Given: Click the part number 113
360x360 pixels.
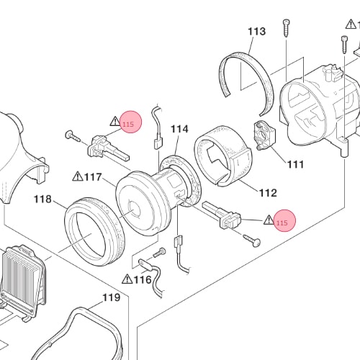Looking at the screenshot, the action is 256,32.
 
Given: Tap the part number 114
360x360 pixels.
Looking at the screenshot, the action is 179,129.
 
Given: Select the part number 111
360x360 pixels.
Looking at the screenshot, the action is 296,164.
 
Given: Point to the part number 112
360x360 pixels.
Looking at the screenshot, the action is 268,193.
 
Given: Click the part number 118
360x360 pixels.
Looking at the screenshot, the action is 42,199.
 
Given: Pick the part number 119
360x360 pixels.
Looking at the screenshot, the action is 112,297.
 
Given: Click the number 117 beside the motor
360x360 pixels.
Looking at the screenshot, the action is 93,177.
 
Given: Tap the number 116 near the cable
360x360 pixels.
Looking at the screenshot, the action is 143,279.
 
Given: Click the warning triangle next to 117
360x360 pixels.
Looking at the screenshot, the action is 78,176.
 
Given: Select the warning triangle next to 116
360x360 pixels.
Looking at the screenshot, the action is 127,279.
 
